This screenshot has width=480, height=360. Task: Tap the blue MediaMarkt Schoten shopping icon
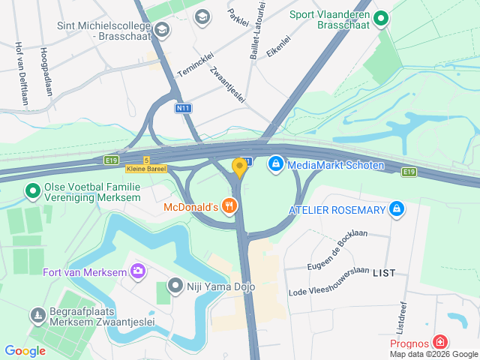pyautogui.click(x=275, y=162)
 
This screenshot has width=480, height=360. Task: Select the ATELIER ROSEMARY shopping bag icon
pyautogui.click(x=397, y=209)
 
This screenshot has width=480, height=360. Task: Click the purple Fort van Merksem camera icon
pyautogui.click(x=137, y=271)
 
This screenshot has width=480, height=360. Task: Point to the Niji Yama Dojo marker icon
pyautogui.click(x=175, y=285)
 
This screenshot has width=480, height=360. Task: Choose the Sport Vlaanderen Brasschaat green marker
pyautogui.click(x=381, y=17)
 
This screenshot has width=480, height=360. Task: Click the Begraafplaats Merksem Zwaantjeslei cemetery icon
pyautogui.click(x=37, y=316)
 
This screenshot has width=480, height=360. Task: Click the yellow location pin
pyautogui.click(x=239, y=167)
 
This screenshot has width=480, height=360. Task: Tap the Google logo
pyautogui.click(x=25, y=350)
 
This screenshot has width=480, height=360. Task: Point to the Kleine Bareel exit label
pyautogui.click(x=145, y=169)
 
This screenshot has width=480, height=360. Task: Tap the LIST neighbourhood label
pyautogui.click(x=384, y=274)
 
